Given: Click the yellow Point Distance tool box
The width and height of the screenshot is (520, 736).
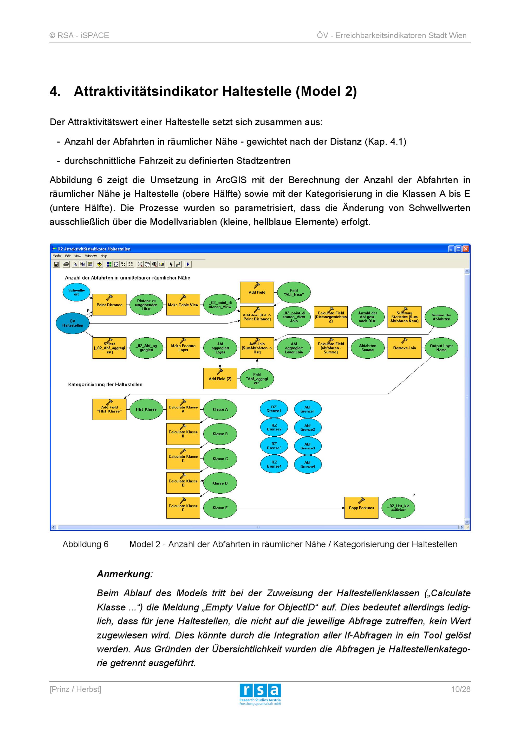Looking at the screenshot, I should pyautogui.click(x=109, y=305).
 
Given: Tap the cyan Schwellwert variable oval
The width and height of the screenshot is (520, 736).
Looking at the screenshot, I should pyautogui.click(x=76, y=292).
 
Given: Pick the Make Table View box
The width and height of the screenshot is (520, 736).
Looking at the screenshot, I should pyautogui.click(x=183, y=305).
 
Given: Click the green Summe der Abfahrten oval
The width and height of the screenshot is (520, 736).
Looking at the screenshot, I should pyautogui.click(x=441, y=317).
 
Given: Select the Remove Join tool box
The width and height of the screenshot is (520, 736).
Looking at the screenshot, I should pyautogui.click(x=404, y=348).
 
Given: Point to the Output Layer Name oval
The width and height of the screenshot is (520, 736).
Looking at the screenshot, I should pyautogui.click(x=441, y=348).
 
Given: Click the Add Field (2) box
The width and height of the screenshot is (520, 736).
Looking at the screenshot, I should pyautogui.click(x=220, y=379).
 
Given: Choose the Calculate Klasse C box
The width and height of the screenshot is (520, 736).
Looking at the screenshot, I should pyautogui.click(x=183, y=459).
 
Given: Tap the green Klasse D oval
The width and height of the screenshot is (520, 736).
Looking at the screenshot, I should pyautogui.click(x=220, y=483).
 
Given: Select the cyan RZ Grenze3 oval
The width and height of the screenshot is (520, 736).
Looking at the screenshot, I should pyautogui.click(x=274, y=446).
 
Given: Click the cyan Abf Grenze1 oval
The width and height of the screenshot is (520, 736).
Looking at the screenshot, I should pyautogui.click(x=307, y=409).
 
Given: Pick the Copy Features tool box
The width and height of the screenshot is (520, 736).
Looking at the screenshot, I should pyautogui.click(x=361, y=508).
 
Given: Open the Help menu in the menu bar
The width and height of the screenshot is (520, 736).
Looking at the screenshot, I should pyautogui.click(x=103, y=256).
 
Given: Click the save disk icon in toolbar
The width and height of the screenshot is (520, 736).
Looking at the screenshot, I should pyautogui.click(x=56, y=264).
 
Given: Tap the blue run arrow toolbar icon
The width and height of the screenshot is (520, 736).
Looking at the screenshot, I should pyautogui.click(x=188, y=264).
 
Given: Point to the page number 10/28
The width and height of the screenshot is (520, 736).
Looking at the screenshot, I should pyautogui.click(x=460, y=689).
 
